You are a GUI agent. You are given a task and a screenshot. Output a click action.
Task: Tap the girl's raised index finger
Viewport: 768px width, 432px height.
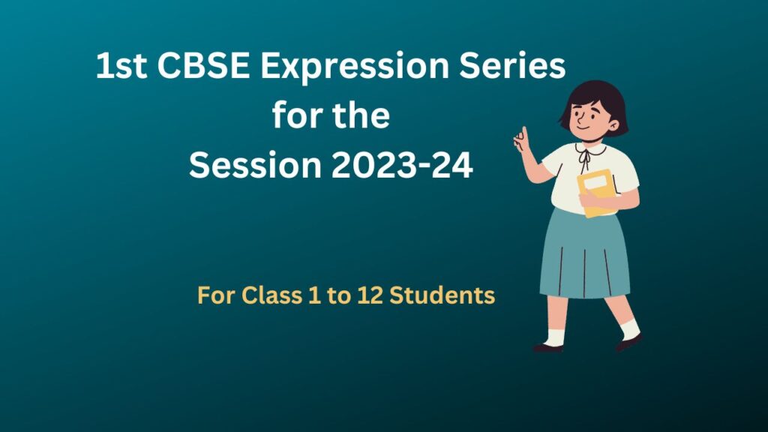522,135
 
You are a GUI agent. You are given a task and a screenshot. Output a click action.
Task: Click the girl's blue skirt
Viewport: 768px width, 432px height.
585,255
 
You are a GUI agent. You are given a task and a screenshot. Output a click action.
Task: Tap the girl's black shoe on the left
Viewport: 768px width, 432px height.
547,347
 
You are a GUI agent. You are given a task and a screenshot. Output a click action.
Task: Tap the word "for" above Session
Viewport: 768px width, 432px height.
294,117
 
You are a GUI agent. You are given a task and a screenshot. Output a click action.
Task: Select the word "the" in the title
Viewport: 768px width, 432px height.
361,117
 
